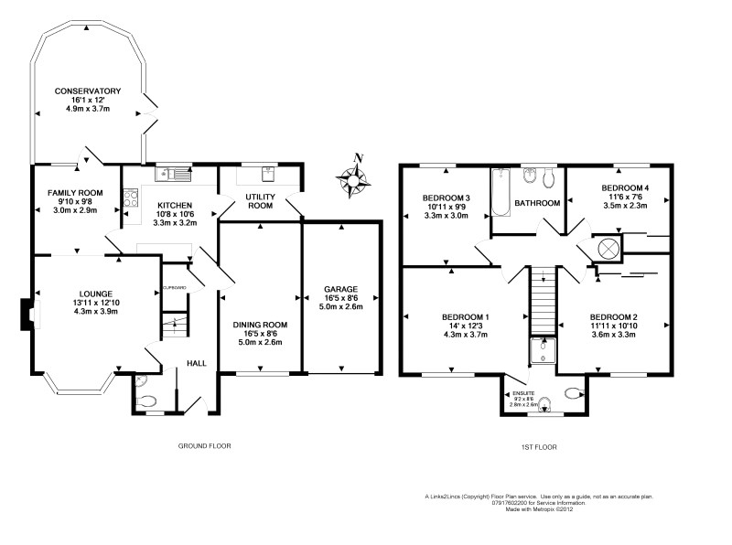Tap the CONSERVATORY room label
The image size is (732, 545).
click(87, 91)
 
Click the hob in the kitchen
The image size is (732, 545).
click(130, 195)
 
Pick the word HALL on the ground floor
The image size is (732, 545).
click(197, 363)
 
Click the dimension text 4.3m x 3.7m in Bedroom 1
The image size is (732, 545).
click(466, 335)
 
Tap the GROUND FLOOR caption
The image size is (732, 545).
click(204, 446)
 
